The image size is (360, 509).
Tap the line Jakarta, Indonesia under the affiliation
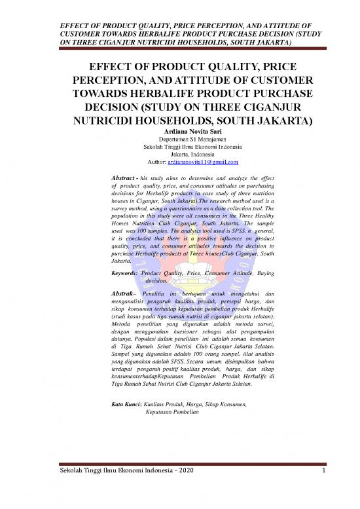[180, 154]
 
